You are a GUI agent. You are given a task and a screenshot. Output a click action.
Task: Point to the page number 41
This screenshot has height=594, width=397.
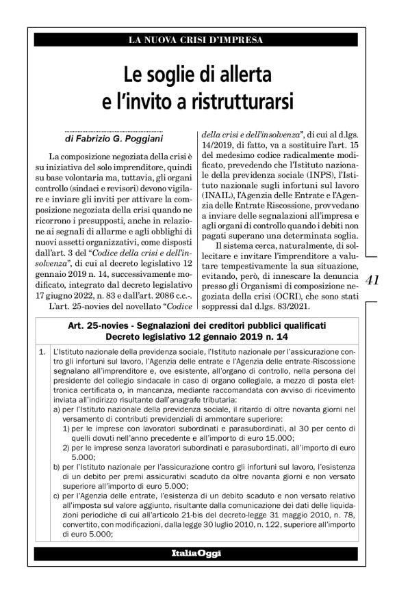(374, 280)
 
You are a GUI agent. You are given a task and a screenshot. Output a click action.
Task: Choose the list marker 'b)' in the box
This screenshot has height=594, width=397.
(56, 471)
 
